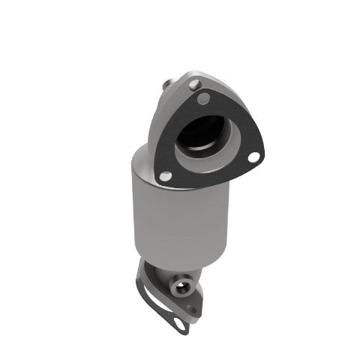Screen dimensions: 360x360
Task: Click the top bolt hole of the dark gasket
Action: (x=202, y=97)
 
